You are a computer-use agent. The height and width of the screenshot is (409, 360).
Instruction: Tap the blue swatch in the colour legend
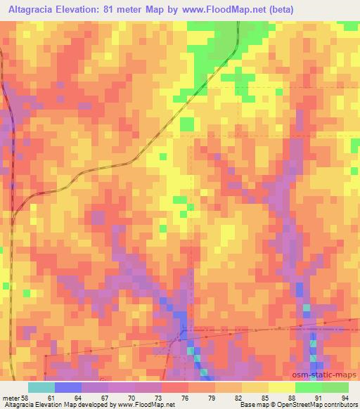[67, 388]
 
